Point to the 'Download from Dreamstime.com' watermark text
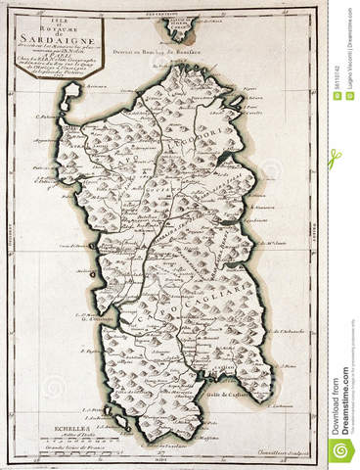[x=343, y=402]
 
